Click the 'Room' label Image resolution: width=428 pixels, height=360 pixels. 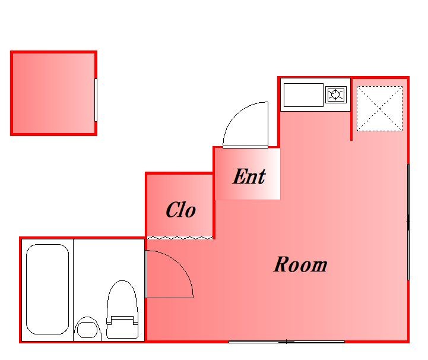pos(300,264)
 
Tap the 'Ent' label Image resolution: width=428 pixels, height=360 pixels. pos(249,176)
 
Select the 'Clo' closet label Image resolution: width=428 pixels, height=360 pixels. pos(180,210)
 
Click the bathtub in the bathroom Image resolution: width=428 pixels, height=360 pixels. pos(47,289)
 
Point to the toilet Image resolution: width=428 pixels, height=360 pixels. pos(122,310)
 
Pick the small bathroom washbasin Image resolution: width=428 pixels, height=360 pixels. pos(87,329)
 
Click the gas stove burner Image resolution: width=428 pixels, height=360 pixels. pos(336,95)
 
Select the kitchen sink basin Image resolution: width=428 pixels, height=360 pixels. pos(303,95)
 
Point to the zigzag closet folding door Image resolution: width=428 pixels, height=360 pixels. pos(180,238)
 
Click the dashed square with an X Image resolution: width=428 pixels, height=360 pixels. pos(379,109)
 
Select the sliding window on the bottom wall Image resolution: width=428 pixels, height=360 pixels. pos(287,342)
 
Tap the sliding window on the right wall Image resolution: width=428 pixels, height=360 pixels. pos(408,222)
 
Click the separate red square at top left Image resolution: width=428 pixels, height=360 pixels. pos(54,93)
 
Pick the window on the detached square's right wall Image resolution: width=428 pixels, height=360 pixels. pos(96,100)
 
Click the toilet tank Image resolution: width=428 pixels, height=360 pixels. pos(122,327)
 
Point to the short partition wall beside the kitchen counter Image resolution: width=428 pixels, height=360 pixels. pos(351,109)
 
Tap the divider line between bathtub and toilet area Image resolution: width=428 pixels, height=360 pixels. pos(73,290)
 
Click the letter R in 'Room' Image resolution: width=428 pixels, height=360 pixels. pos(281,264)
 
